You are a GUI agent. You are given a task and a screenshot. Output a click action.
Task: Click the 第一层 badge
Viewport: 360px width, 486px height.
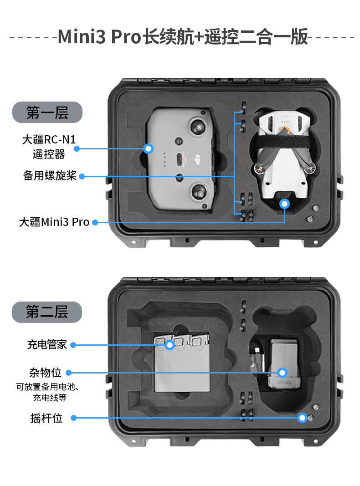[x=47, y=112]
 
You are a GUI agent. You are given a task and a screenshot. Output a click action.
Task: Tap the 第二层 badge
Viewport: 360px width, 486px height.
[x=47, y=312]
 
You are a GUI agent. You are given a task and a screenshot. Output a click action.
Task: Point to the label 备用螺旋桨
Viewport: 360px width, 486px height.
[x=50, y=176]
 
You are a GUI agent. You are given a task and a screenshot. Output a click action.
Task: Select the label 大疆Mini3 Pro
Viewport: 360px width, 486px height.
[x=54, y=222]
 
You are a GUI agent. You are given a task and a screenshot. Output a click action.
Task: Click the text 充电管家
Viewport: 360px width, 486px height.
[x=47, y=345]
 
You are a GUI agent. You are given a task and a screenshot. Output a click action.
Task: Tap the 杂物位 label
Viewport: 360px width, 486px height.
[x=45, y=373]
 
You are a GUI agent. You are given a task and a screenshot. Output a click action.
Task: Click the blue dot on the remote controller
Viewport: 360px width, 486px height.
[x=148, y=148]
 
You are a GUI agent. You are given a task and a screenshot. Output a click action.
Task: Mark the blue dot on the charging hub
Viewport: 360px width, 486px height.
[x=170, y=345]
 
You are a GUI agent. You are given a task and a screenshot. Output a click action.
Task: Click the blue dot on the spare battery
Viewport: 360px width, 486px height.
[x=282, y=373]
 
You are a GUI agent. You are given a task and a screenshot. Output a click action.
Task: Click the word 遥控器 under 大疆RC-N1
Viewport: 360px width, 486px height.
[x=49, y=154]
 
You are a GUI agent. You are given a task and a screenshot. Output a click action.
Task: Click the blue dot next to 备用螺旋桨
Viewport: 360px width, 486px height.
[x=82, y=176]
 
